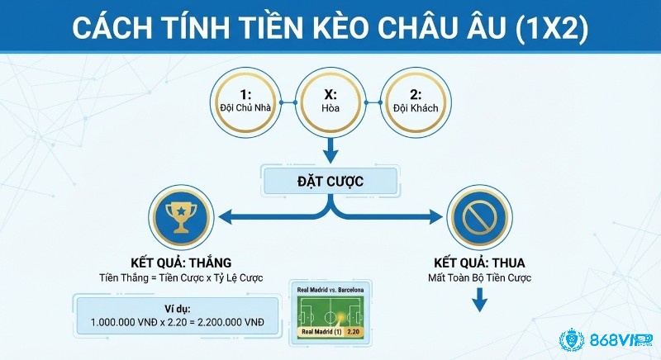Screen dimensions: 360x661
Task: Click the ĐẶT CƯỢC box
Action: [x=330, y=181]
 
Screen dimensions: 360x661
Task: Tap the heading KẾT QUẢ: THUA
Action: [x=480, y=262]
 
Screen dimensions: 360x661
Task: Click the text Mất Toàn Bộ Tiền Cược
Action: [x=480, y=277]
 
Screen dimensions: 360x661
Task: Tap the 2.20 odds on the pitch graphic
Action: [x=354, y=332]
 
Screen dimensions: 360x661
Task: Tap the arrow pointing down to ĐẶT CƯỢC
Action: [x=330, y=150]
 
